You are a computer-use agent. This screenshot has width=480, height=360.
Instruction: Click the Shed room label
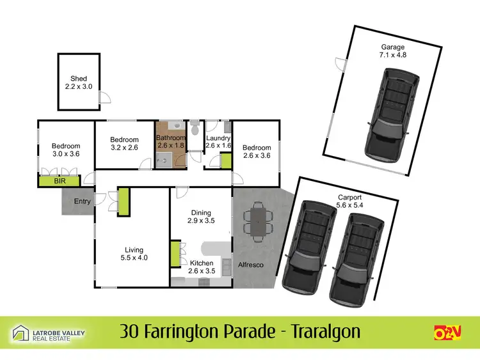(79, 82)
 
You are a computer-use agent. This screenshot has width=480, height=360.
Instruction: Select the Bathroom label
(171, 141)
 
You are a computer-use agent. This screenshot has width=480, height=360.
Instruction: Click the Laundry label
(218, 141)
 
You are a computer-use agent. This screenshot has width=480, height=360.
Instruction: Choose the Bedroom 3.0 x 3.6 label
(66, 150)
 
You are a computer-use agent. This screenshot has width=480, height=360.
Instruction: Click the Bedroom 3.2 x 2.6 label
(124, 144)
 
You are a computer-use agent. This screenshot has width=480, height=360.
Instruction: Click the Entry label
(82, 201)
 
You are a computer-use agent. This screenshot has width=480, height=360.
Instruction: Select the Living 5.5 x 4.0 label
(134, 254)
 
